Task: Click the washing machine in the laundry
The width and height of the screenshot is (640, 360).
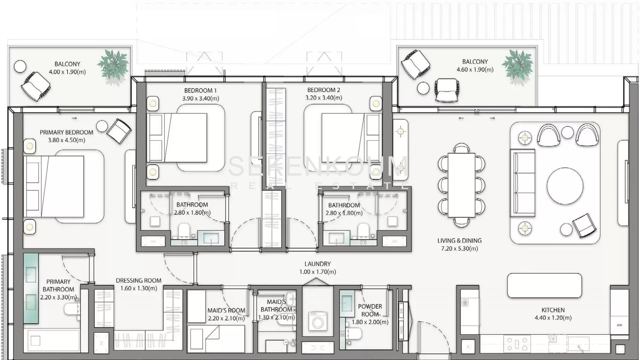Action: tap(317, 321)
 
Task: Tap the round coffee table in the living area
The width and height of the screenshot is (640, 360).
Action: tap(565, 186)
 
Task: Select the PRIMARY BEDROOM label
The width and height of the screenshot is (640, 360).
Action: tap(67, 132)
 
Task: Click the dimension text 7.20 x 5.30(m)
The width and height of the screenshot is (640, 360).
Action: tap(460, 249)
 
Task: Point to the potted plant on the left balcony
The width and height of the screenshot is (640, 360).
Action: tap(113, 67)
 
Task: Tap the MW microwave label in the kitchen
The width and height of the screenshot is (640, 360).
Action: tap(619, 325)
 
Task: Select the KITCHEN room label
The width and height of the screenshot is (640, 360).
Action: tap(553, 310)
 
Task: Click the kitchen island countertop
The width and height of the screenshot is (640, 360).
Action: tap(544, 286)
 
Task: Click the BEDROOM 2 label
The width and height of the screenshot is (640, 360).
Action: tap(324, 90)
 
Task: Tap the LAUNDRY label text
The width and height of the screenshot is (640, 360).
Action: tap(318, 264)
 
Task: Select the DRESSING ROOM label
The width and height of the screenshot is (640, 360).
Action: tap(139, 281)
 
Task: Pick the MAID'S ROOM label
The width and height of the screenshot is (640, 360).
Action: tap(226, 310)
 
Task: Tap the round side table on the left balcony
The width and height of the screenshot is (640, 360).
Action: tap(20, 66)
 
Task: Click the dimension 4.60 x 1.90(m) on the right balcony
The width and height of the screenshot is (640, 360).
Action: tap(475, 70)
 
